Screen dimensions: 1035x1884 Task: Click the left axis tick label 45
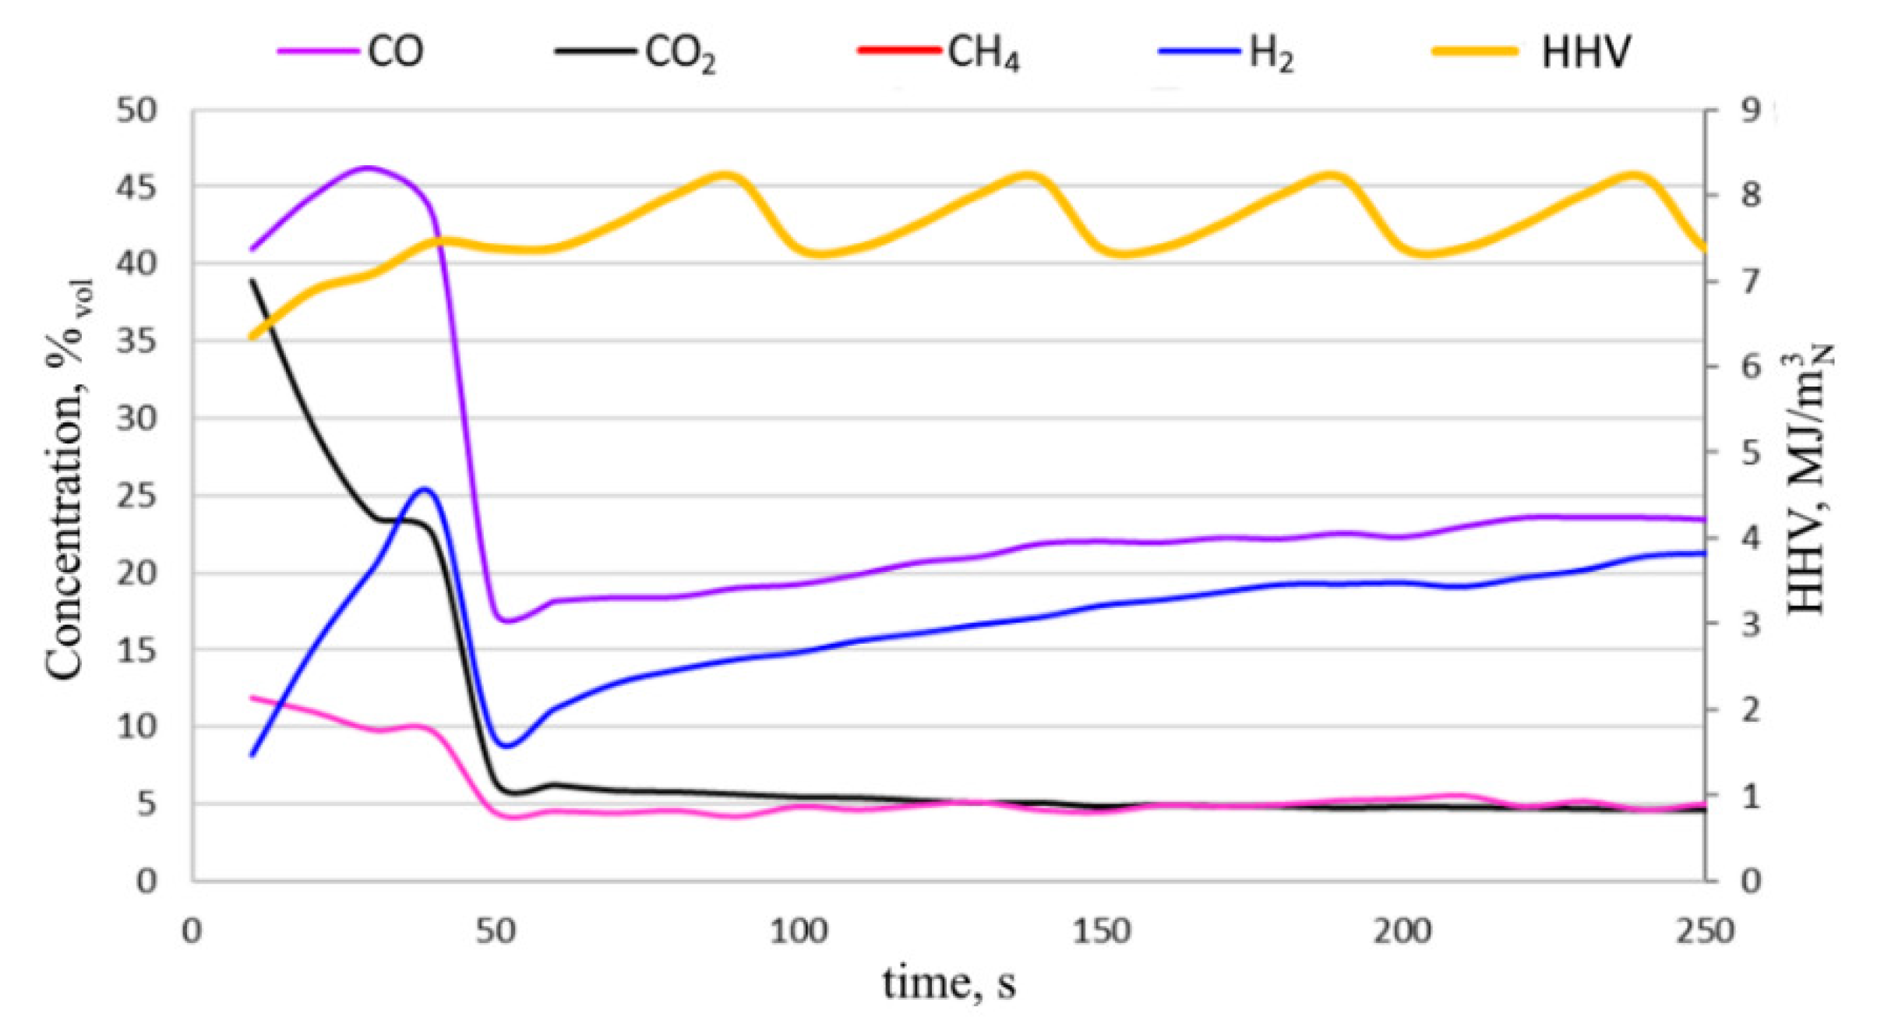point(136,187)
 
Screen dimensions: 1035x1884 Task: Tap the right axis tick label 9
point(1750,111)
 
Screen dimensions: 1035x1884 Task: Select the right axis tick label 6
point(1750,366)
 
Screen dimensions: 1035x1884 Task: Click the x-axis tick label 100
point(798,931)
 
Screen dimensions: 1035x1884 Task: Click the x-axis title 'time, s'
point(948,984)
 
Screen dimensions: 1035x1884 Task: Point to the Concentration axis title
point(66,479)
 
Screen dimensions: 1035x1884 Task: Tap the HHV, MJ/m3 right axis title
point(1808,479)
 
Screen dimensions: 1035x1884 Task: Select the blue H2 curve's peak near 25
point(425,489)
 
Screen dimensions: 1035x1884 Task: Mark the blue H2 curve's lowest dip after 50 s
point(508,746)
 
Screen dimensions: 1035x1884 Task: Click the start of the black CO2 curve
point(252,280)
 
